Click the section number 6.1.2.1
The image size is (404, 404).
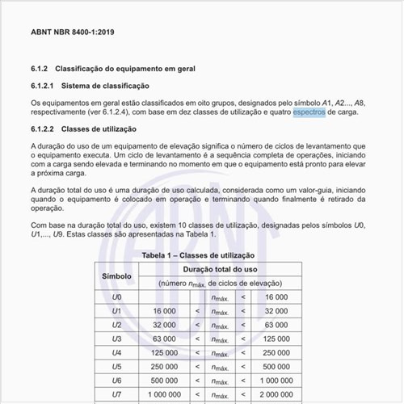tap(42, 86)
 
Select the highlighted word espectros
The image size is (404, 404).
tap(309, 113)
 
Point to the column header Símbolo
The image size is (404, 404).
tap(116, 276)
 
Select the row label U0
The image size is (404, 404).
tap(116, 297)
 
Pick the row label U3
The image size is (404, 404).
tap(116, 338)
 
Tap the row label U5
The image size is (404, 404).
tap(116, 365)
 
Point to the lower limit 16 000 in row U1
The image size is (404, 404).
tap(163, 310)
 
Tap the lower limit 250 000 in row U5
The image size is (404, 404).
tap(164, 365)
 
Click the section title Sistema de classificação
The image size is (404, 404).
tap(106, 86)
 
